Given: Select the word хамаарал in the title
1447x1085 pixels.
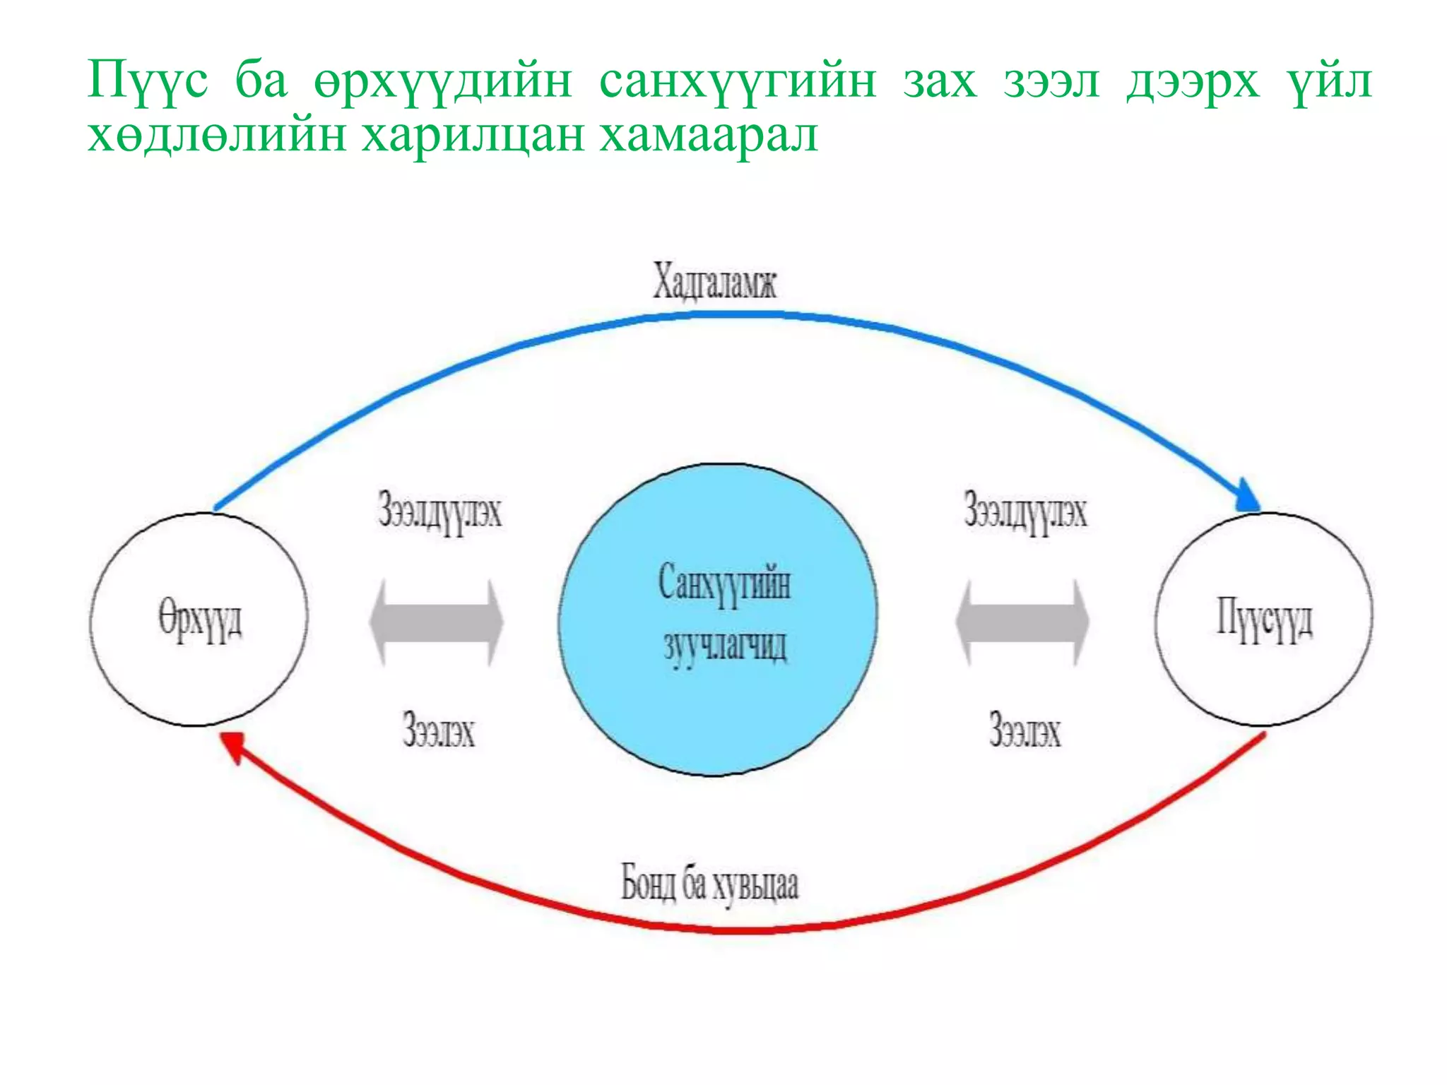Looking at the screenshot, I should tap(709, 136).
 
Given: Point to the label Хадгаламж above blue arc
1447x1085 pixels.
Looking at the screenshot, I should tap(714, 281).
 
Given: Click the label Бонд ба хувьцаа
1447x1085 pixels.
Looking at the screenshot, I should tap(709, 884).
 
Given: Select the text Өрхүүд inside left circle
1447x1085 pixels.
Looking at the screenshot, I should tap(200, 620).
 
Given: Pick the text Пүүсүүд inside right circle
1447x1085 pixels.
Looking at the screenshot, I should tap(1263, 619).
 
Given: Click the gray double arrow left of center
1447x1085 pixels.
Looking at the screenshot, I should tap(437, 622).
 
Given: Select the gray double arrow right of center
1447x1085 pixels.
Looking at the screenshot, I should tap(1022, 622).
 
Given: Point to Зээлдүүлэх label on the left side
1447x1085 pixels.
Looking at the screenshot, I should tap(439, 511).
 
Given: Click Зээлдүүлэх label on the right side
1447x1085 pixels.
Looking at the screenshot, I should tap(1025, 511).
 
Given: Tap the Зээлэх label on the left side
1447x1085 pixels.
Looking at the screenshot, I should tap(438, 730).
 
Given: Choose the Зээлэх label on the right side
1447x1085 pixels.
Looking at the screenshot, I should tap(1024, 730).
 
